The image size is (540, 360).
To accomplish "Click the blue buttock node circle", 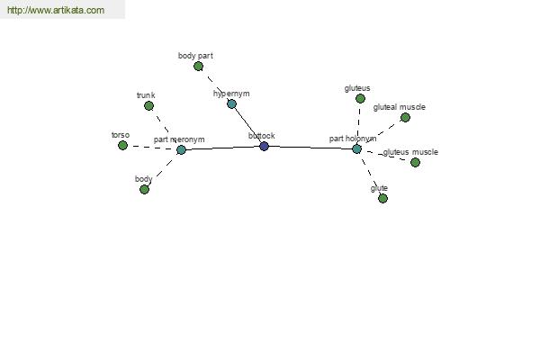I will (x=264, y=146).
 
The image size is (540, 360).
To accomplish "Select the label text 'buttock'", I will (x=262, y=136).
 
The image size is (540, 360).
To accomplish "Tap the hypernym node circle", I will (x=231, y=104).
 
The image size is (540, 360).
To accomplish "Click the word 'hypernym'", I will (x=231, y=94).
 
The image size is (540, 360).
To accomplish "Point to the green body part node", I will (x=198, y=66).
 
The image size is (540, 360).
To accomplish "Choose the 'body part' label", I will (x=195, y=56).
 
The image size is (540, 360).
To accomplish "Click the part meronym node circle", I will (x=181, y=149).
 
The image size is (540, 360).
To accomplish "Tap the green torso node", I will (x=122, y=145).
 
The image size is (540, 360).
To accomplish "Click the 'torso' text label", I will (x=121, y=135).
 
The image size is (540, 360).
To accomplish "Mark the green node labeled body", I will (x=144, y=189).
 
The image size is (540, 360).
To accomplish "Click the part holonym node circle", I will (x=356, y=148).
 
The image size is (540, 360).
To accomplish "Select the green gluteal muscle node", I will (x=405, y=117).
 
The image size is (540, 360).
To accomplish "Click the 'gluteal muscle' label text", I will (x=399, y=107).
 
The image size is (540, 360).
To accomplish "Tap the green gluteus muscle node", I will (x=415, y=162).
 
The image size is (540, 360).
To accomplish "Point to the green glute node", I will (x=382, y=198).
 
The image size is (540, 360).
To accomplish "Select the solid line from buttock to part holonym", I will (x=310, y=147).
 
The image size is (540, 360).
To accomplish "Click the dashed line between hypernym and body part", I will (x=215, y=85).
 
